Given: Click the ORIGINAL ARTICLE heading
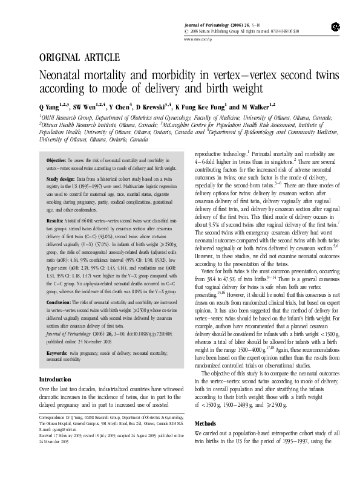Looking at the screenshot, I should pos(79,58).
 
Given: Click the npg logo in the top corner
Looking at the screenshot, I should pos(335,27).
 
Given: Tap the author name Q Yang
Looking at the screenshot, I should pos(51,106).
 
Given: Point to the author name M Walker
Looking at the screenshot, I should pos(250,106).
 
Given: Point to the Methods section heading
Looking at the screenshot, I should pos(205,441).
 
